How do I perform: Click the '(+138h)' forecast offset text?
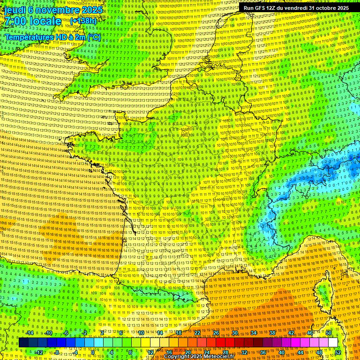click(x=83, y=21)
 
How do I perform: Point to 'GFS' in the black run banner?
click(x=260, y=8)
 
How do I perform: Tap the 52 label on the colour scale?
click(x=338, y=352)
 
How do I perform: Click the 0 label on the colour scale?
click(x=93, y=352)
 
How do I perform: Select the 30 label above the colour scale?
click(x=235, y=333)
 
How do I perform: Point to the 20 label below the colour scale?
click(x=187, y=352)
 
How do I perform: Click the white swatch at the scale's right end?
click(x=333, y=343)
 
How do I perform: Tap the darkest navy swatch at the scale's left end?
click(x=23, y=343)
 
